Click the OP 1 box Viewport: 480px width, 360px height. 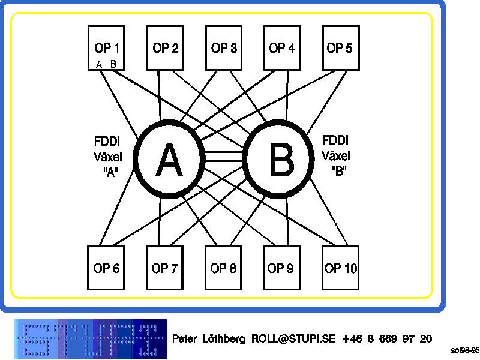[106, 47]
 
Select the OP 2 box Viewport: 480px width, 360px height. [165, 47]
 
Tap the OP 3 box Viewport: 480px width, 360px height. [224, 47]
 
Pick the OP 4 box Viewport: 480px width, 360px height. [281, 47]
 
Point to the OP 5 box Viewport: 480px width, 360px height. [340, 47]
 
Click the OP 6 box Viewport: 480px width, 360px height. [106, 268]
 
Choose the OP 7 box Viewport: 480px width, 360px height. [164, 268]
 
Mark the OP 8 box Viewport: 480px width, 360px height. [223, 268]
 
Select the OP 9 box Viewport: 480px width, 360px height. [281, 268]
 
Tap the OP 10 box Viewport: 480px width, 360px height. [340, 268]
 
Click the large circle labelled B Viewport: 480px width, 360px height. [280, 160]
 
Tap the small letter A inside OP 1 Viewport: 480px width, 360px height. [99, 64]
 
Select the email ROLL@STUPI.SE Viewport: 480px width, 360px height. [294, 338]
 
